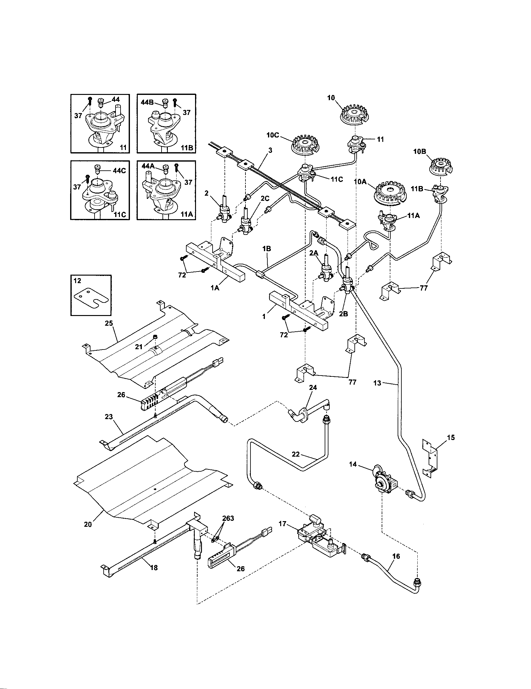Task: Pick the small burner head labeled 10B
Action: (x=440, y=166)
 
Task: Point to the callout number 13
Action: (x=377, y=383)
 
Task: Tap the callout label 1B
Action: (x=266, y=249)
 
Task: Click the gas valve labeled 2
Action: (x=224, y=210)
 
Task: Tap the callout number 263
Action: (x=228, y=518)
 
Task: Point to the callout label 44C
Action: (x=119, y=171)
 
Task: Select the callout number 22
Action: (x=296, y=454)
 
